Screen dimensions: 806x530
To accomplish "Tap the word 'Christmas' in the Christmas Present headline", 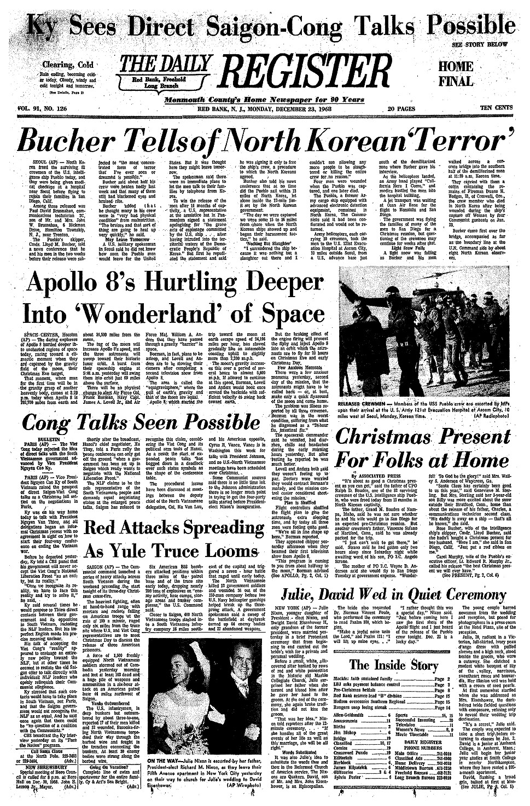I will click(x=398, y=438).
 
